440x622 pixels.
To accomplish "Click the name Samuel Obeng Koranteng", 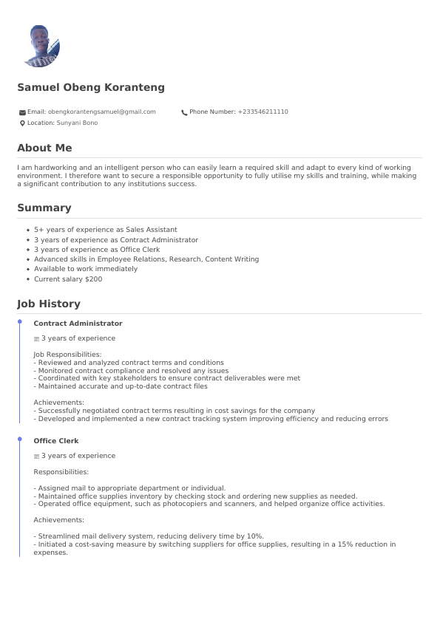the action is [x=91, y=88].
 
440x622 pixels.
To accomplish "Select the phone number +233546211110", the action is [x=263, y=112].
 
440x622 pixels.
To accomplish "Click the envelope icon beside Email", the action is [x=22, y=112].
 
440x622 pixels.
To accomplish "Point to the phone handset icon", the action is [x=184, y=112].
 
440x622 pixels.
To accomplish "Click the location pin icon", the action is [x=22, y=123].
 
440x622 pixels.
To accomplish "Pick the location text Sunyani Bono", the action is [x=77, y=123].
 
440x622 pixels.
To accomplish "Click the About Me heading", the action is [x=44, y=148].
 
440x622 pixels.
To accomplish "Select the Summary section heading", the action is [x=44, y=208].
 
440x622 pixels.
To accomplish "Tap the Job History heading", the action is [x=49, y=304].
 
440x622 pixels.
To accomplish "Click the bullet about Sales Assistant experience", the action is [x=106, y=230].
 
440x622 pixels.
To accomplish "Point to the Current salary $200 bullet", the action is [x=68, y=279].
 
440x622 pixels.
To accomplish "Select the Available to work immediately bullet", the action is [x=86, y=270].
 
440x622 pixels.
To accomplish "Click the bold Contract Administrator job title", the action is [x=78, y=324].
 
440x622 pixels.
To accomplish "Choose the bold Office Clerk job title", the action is [x=56, y=441].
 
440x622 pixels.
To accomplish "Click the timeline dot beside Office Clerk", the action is [x=20, y=440].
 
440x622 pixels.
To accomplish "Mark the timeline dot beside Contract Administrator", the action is [x=20, y=322].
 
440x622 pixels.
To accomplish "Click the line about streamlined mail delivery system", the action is [x=149, y=536].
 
